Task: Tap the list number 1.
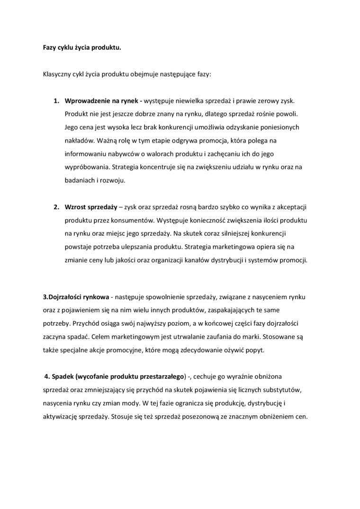(x=55, y=101)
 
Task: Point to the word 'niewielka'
(x=185, y=101)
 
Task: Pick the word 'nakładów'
(x=78, y=141)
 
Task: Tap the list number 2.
(x=55, y=207)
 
